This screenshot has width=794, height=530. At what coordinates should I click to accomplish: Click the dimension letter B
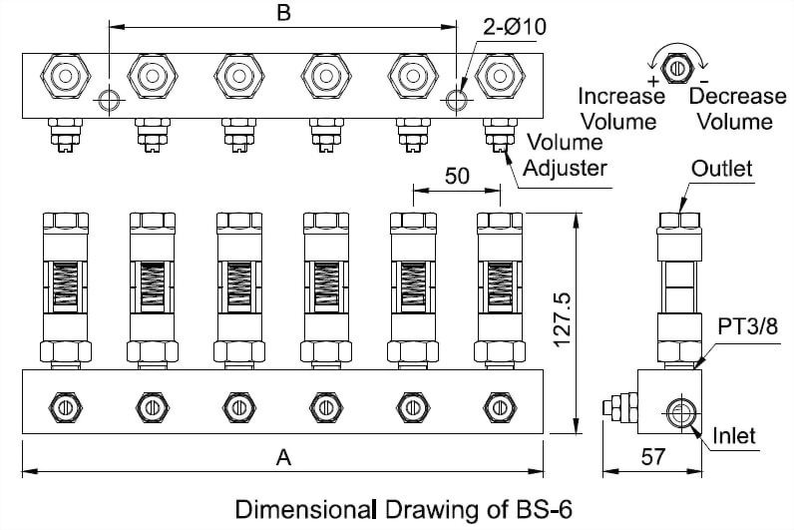coord(282,14)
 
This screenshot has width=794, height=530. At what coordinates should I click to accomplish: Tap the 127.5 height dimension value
coord(563,321)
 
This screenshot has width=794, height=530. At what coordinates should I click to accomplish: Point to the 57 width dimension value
coord(651,457)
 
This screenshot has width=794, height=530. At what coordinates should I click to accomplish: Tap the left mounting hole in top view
coord(109,100)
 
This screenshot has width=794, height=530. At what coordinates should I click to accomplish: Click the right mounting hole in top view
coord(458,100)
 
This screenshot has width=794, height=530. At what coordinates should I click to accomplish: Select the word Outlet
coord(722,169)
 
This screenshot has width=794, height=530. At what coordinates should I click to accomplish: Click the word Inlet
coord(735,436)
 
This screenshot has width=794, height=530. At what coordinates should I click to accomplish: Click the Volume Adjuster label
coord(564,155)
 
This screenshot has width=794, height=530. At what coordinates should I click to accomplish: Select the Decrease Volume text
coord(737,109)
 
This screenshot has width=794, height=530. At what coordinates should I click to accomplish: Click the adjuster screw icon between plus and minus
coord(678,68)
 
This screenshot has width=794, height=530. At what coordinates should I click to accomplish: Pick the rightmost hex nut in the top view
coord(499,74)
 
